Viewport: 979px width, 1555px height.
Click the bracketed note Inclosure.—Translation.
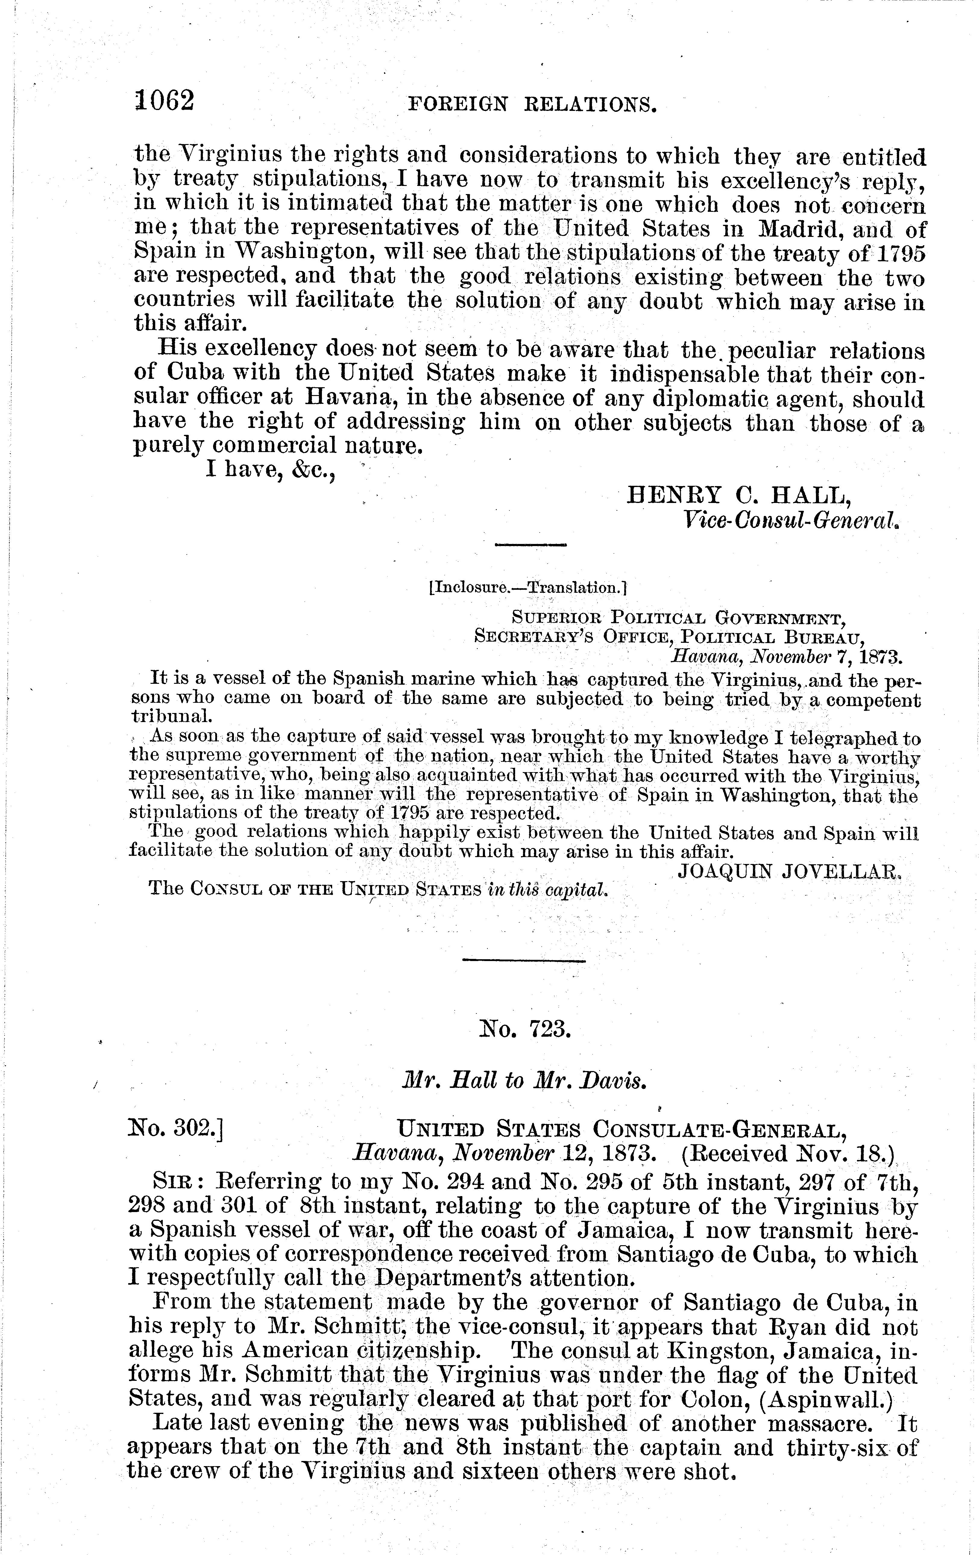click(527, 588)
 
